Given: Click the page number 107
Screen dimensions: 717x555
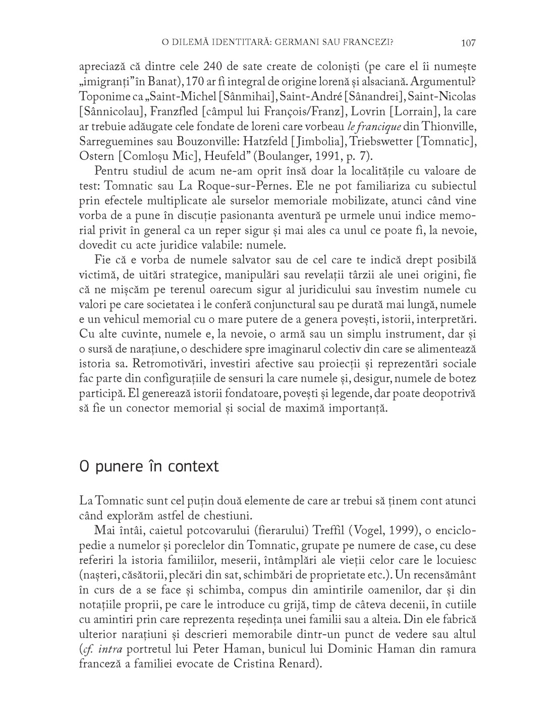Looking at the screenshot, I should click(468, 43).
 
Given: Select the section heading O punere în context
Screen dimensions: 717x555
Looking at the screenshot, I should click(149, 466).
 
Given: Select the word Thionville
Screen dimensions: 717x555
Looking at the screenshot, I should click(449, 126).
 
